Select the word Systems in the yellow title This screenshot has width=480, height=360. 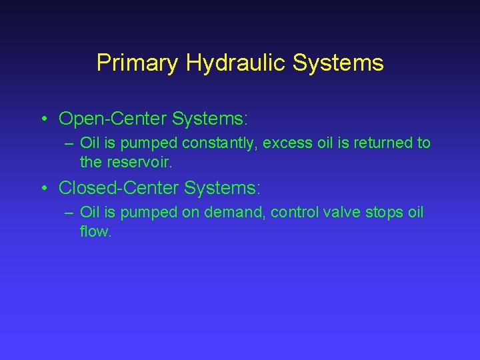pyautogui.click(x=339, y=63)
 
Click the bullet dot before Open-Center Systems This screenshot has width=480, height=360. pyautogui.click(x=43, y=120)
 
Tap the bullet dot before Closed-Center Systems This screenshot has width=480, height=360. pyautogui.click(x=43, y=189)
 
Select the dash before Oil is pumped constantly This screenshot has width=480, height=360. pyautogui.click(x=69, y=143)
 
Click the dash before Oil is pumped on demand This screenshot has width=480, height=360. pyautogui.click(x=69, y=213)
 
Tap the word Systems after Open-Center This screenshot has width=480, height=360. pyautogui.click(x=209, y=119)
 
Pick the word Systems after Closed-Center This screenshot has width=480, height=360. pyautogui.click(x=222, y=189)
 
